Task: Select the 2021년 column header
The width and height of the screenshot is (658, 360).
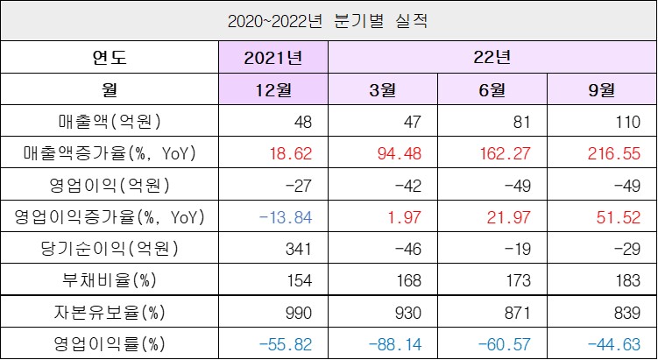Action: (x=273, y=58)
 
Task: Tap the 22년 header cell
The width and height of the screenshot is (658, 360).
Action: (x=492, y=58)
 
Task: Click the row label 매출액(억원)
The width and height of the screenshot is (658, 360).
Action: (x=110, y=122)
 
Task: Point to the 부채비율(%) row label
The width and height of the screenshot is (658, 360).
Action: (x=110, y=280)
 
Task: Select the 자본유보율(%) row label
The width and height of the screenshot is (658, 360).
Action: (x=110, y=312)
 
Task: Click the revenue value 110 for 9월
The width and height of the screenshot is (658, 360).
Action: (x=627, y=122)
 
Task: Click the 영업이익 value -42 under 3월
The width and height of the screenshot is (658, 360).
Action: (x=410, y=185)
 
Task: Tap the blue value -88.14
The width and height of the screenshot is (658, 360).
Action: (x=400, y=343)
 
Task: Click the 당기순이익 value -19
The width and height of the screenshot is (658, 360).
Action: (x=520, y=249)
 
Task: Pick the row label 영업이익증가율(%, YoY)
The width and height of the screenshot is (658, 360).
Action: (x=110, y=217)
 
